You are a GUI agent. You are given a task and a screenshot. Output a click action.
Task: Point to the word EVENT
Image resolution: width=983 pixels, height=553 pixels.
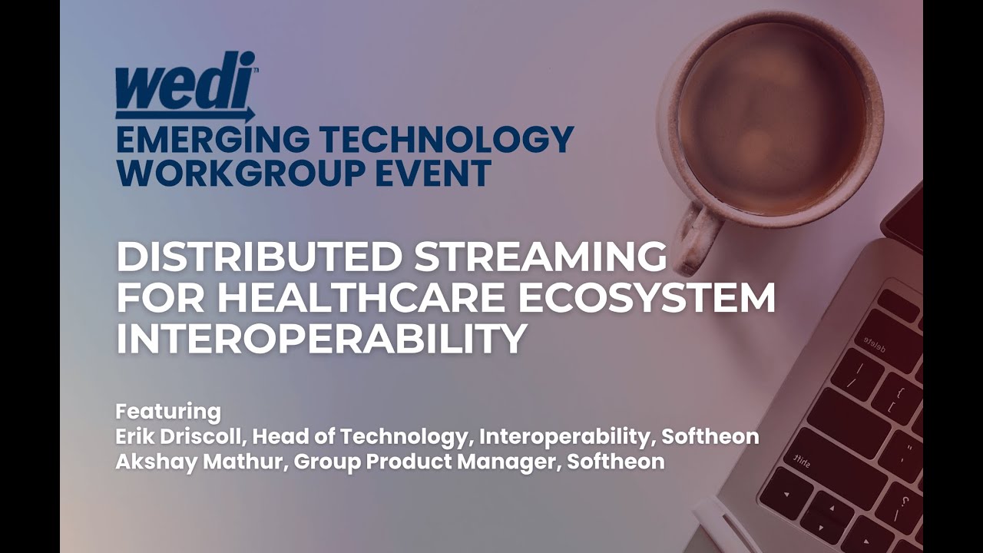click(x=442, y=173)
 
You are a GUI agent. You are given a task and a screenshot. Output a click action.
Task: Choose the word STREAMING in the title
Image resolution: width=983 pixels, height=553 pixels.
click(x=541, y=257)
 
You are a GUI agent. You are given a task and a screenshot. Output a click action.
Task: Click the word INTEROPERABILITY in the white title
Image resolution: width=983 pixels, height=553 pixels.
click(x=321, y=339)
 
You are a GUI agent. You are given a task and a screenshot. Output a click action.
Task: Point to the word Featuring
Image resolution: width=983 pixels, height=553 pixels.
click(x=167, y=410)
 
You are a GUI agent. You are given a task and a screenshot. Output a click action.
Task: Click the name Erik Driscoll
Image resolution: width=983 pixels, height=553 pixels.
click(x=180, y=436)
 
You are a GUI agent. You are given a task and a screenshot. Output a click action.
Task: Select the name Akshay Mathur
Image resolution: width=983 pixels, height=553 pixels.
click(x=195, y=462)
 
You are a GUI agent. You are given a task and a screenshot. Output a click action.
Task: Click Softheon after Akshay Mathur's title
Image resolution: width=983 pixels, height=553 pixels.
click(x=616, y=462)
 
